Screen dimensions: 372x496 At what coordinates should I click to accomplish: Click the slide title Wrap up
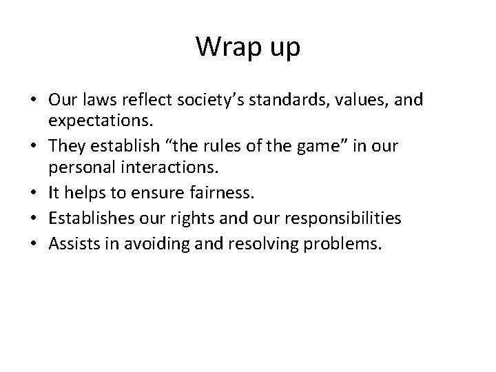(x=247, y=46)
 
